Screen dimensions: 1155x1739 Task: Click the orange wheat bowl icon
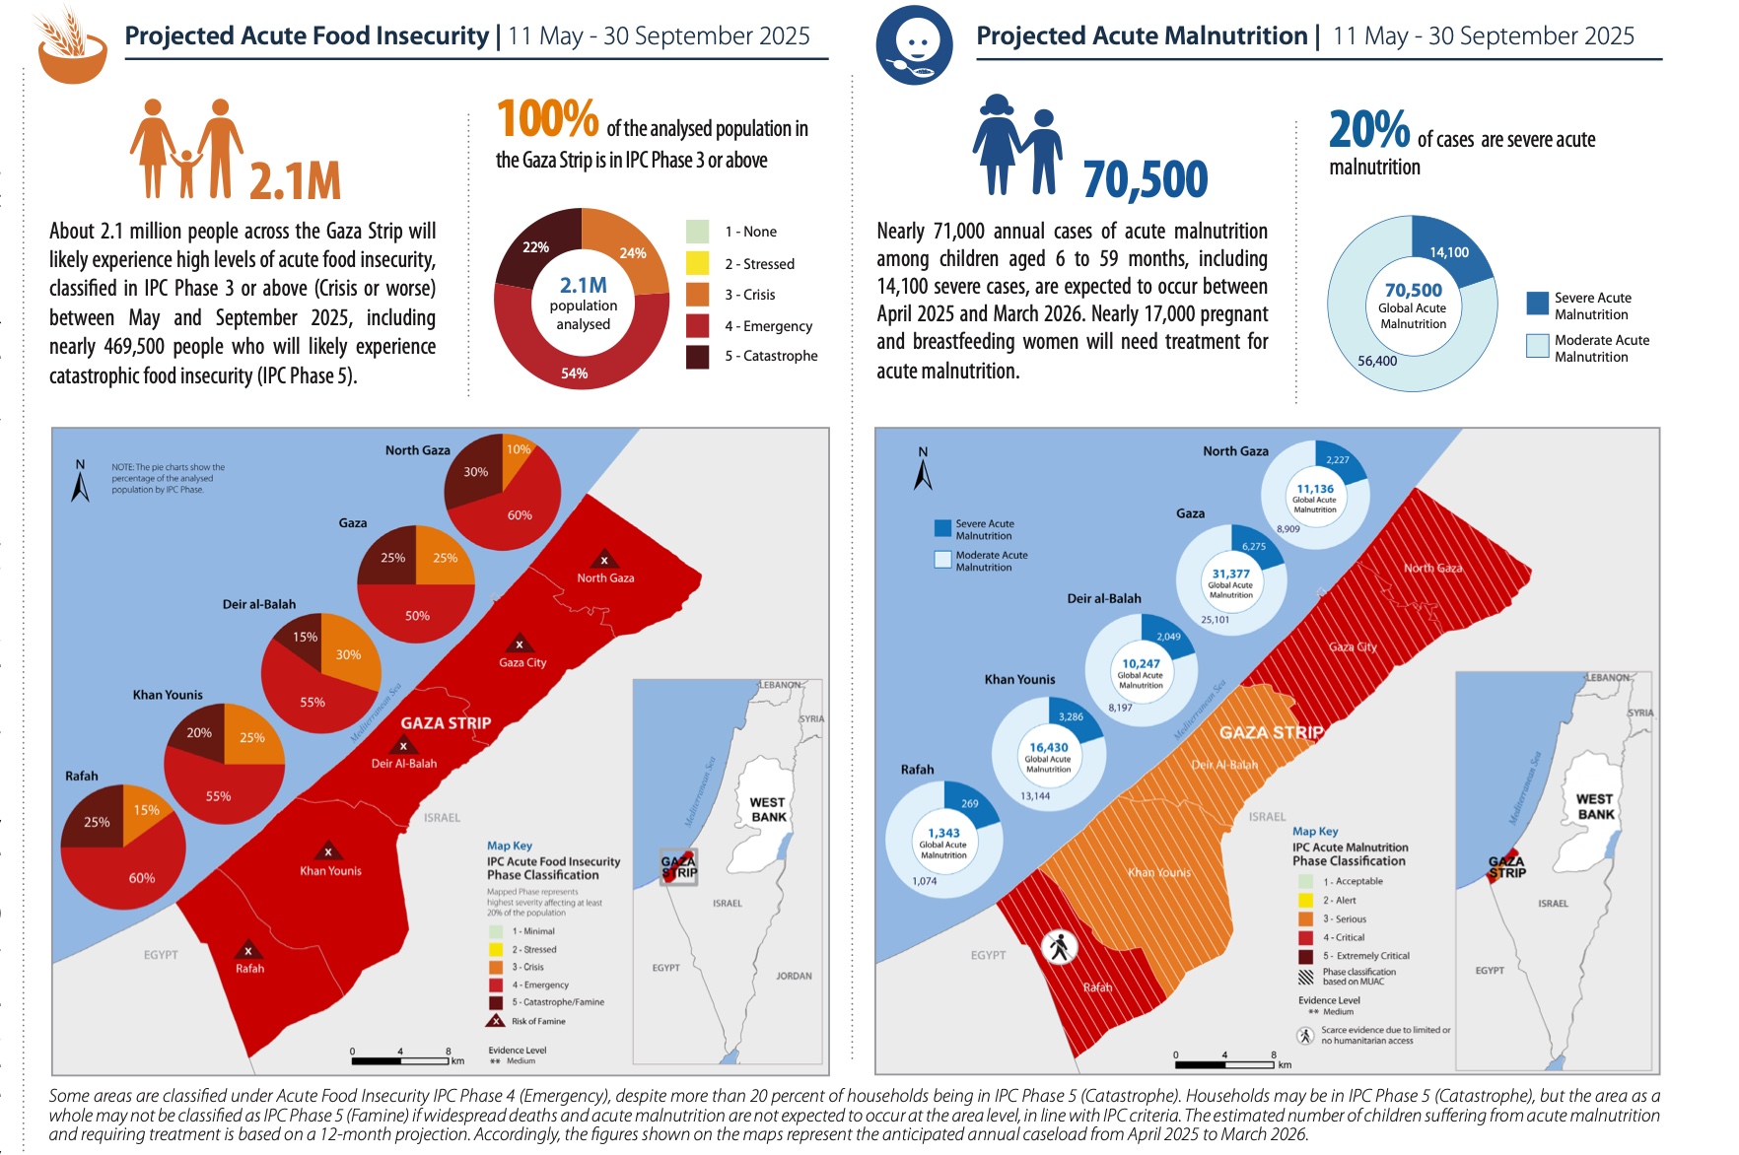71,47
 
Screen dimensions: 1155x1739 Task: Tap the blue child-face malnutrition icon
914,45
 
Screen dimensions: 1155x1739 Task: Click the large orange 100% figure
547,119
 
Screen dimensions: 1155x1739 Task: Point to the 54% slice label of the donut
574,374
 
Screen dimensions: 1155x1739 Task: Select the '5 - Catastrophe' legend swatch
697,356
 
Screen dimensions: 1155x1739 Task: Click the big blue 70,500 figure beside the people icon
1145,179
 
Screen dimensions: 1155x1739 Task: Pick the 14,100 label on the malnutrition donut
1449,252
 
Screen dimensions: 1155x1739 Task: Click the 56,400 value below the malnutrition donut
1376,361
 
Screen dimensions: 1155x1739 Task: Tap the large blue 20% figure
1369,130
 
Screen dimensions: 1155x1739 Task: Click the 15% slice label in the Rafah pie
146,810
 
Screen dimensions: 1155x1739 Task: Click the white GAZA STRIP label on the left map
446,723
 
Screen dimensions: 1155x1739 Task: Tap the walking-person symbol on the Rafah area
1060,947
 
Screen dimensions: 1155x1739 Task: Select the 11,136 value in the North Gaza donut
1315,489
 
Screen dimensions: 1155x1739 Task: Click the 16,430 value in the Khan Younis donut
1048,748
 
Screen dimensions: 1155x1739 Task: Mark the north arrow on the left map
81,482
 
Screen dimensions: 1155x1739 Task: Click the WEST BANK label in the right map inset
1594,806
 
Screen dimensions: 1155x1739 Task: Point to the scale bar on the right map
1224,1064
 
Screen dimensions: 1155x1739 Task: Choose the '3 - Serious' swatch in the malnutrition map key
1305,918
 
